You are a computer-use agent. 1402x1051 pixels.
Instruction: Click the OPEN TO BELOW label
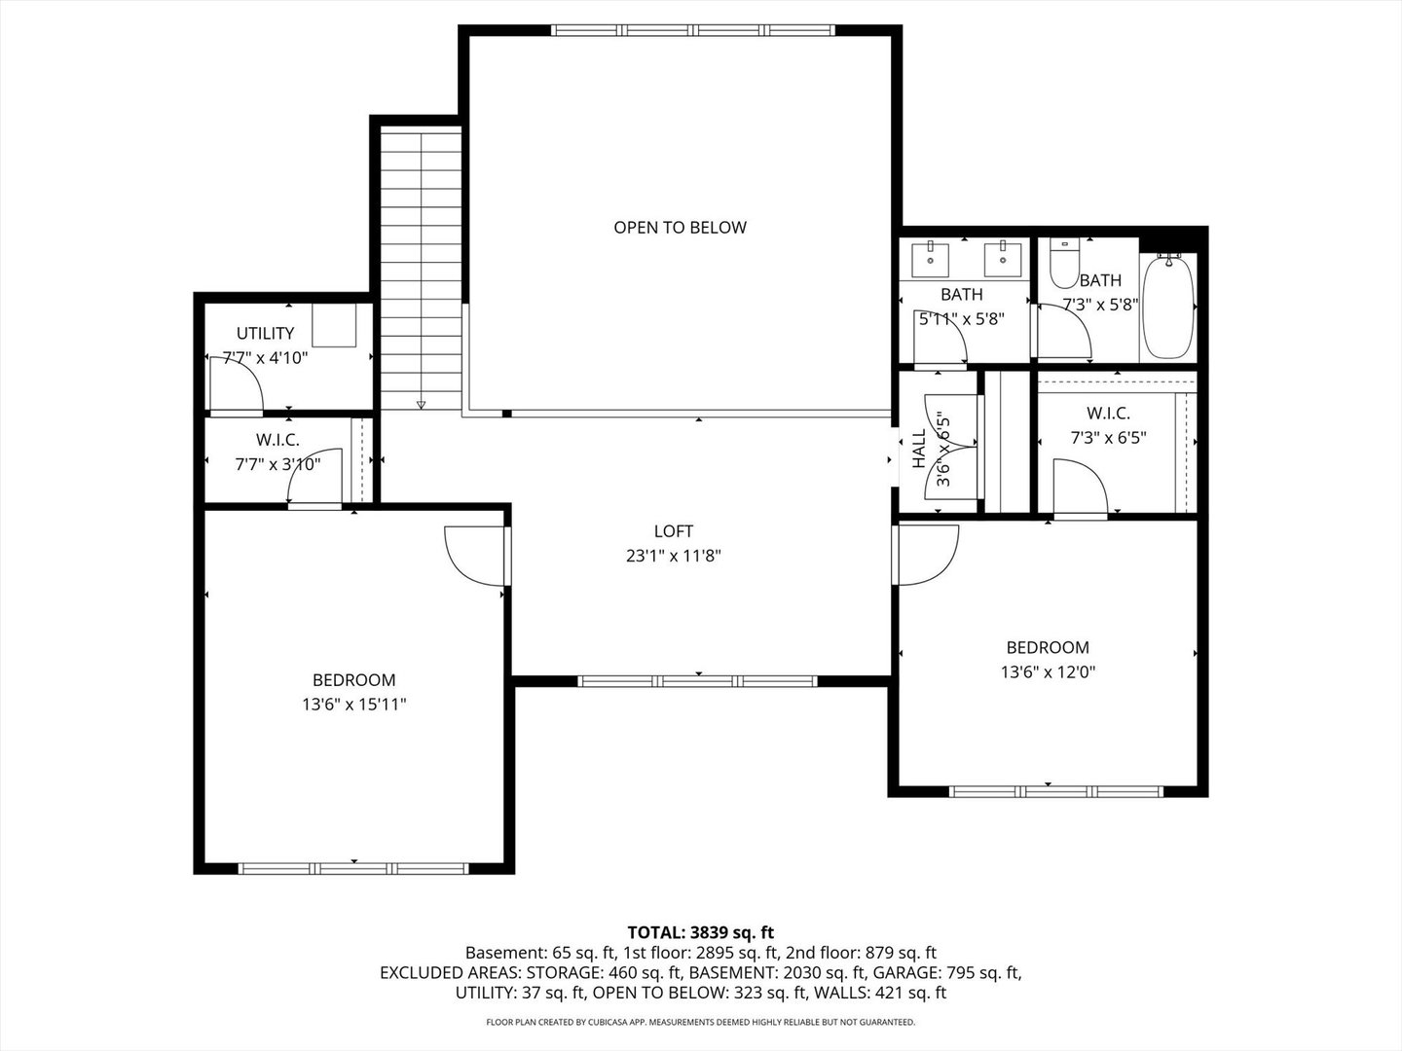coord(680,228)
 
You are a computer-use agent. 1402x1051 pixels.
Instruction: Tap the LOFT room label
coord(673,531)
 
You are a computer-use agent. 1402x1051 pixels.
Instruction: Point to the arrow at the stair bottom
coord(421,404)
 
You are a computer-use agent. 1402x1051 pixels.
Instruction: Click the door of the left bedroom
coord(475,556)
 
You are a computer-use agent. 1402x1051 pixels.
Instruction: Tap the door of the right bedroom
coord(927,555)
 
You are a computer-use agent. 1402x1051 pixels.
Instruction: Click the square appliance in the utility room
coord(334,325)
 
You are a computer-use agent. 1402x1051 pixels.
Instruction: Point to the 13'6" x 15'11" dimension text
coord(353,705)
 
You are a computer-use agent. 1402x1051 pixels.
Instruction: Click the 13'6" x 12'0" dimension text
coord(1048,671)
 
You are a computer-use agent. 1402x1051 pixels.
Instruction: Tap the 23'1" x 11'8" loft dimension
coord(673,557)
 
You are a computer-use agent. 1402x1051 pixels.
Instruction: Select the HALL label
coord(919,450)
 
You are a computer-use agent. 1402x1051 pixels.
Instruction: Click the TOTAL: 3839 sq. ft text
coord(700,932)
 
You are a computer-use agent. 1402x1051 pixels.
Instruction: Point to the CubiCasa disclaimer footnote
coord(700,1022)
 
